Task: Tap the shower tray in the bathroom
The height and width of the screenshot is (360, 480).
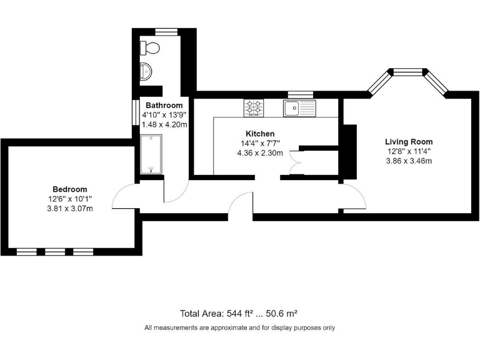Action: coord(150,154)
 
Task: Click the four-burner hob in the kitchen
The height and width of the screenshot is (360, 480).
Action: coord(254,107)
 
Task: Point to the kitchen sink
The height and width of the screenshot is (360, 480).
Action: coord(298,108)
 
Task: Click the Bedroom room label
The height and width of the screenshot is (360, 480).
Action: coord(69,189)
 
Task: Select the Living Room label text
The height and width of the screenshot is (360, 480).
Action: coord(408,142)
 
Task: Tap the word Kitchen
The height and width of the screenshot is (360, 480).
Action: coord(259,134)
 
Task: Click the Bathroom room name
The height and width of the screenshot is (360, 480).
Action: coord(164,106)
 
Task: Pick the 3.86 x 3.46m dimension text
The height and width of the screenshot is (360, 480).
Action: coord(408,161)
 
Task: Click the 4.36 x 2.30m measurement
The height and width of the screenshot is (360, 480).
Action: coord(259,152)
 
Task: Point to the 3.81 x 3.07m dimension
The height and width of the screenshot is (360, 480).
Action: coord(69,208)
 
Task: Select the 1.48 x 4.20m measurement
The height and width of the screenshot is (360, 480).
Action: coord(164,124)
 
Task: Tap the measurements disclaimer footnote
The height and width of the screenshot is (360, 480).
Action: coord(239,327)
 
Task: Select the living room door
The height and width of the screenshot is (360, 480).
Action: coord(354,198)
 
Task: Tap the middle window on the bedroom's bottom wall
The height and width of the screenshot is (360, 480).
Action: coord(55,252)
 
